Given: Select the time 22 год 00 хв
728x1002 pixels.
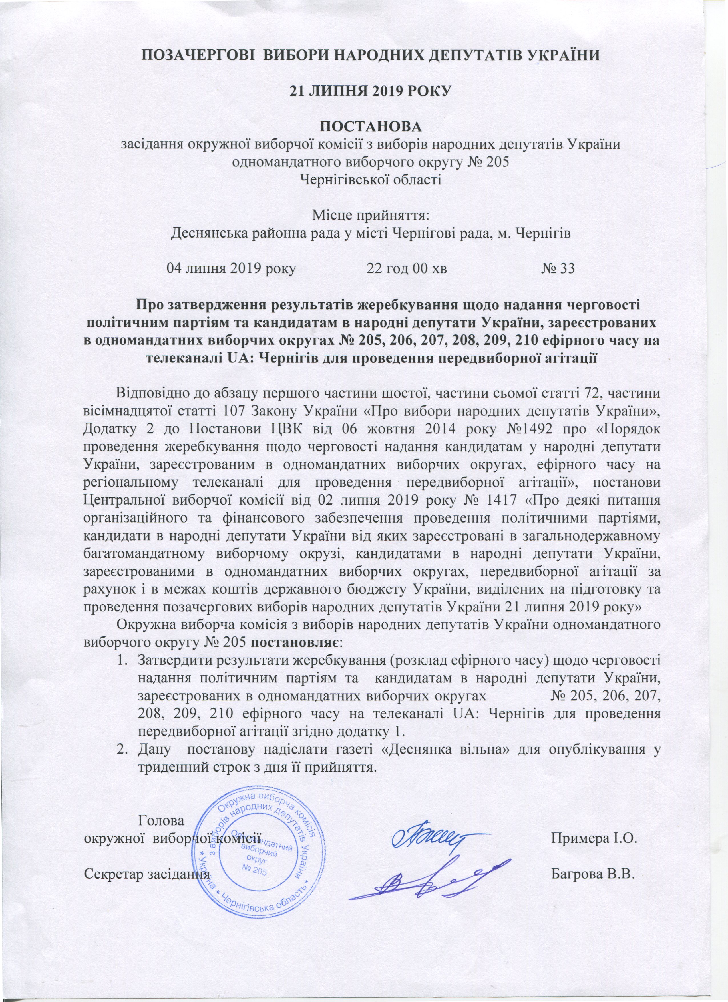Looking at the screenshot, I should coord(407,268).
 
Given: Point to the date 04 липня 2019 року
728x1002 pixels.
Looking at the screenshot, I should coord(231,268).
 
